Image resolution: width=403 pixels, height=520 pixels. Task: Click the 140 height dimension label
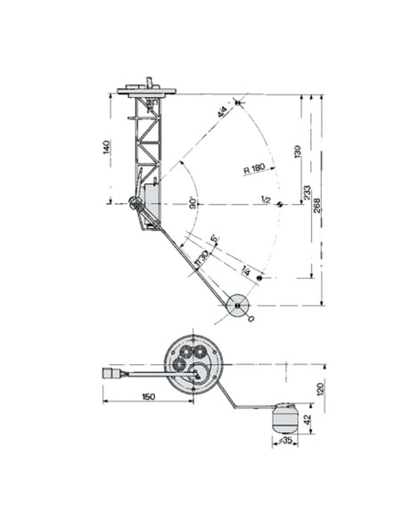(105, 146)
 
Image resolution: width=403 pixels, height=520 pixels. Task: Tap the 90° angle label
(193, 203)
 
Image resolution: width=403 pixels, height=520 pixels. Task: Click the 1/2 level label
(265, 199)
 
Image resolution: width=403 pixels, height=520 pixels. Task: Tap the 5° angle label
(214, 240)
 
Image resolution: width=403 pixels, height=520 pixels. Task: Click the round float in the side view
(238, 305)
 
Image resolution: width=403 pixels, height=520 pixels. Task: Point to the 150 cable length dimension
(148, 398)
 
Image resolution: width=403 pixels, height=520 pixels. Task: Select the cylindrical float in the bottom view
(284, 414)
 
